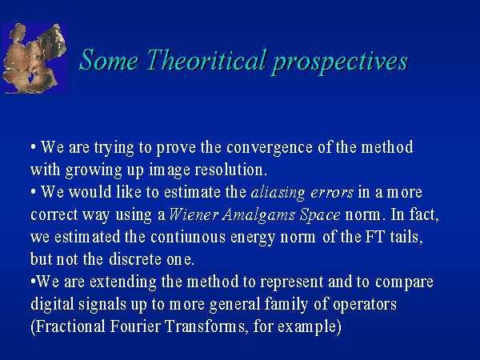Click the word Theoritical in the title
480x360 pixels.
(x=207, y=60)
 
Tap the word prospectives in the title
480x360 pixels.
(x=340, y=62)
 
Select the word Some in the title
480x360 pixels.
(x=109, y=60)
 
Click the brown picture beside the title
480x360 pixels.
(x=34, y=58)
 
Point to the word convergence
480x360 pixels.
(x=270, y=148)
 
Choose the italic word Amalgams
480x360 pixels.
(x=258, y=215)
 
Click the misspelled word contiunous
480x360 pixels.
(x=188, y=238)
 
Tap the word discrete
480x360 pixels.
(x=135, y=259)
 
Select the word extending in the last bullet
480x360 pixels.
(x=122, y=282)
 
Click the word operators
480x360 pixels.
(x=365, y=305)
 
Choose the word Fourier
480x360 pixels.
(x=135, y=326)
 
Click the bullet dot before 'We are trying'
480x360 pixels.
(x=33, y=147)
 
